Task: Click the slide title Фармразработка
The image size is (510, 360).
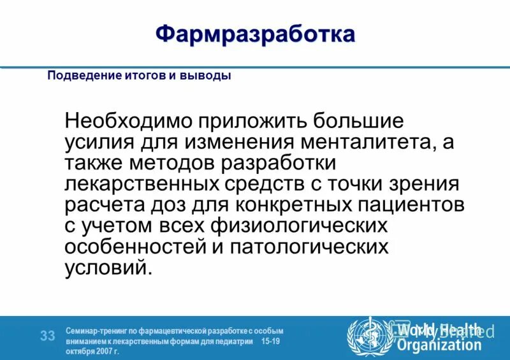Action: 255,34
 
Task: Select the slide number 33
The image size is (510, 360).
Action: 47,336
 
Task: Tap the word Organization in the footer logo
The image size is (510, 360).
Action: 440,346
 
